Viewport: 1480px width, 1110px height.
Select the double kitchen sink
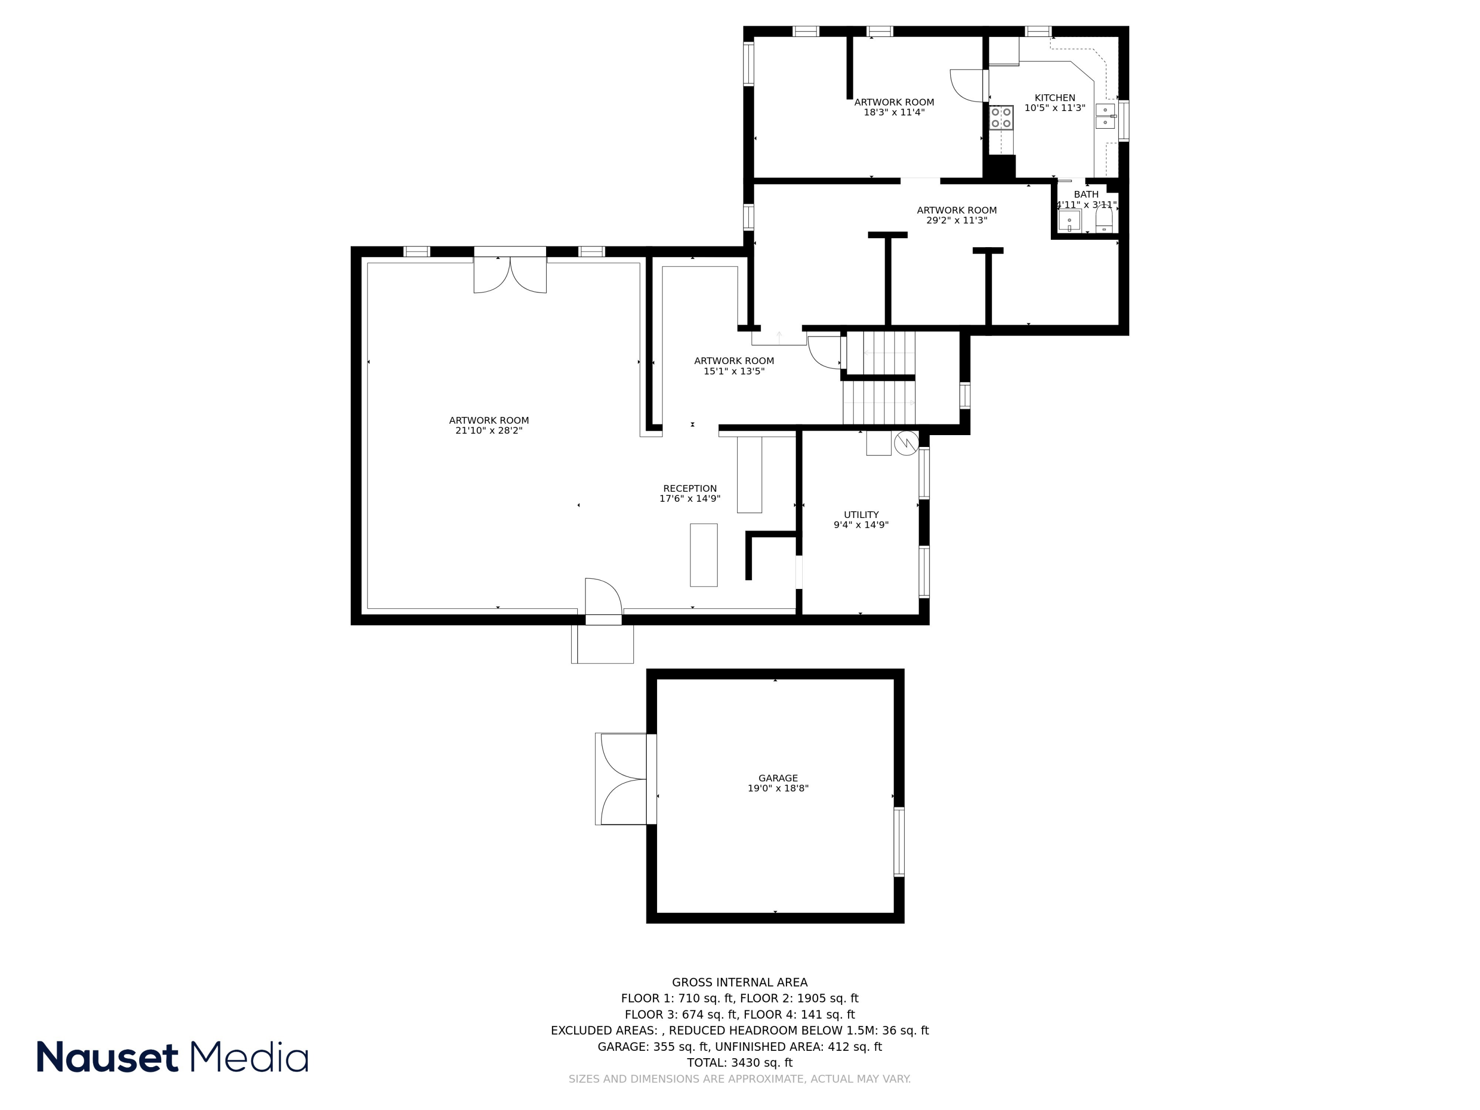1105,116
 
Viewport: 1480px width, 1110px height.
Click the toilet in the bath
1104,220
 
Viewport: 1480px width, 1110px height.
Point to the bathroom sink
1069,220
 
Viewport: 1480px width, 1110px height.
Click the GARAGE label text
777,778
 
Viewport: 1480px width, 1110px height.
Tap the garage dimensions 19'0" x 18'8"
777,788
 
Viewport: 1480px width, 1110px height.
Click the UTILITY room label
861,515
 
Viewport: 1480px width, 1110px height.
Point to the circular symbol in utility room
906,443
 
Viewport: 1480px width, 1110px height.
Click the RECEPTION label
690,488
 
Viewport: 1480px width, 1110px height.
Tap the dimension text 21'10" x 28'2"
488,431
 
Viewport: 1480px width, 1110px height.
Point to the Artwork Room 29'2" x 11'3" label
956,215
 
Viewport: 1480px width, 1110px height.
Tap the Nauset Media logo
172,1057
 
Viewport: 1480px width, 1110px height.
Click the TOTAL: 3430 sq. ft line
740,1063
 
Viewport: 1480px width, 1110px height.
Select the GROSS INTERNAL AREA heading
740,982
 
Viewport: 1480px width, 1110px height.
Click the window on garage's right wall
899,842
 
